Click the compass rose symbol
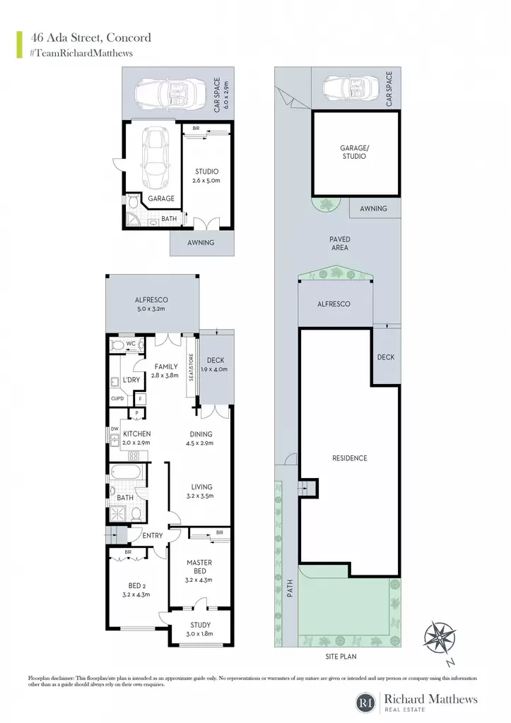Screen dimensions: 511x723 pyautogui.click(x=440, y=638)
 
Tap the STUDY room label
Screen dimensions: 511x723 pyautogui.click(x=200, y=625)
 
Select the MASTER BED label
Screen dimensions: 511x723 pyautogui.click(x=199, y=567)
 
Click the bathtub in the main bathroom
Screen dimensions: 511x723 pyautogui.click(x=126, y=472)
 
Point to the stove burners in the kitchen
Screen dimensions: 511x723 pyautogui.click(x=134, y=456)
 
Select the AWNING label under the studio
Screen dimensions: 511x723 pyautogui.click(x=201, y=243)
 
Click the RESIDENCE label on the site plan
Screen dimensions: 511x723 pyautogui.click(x=350, y=458)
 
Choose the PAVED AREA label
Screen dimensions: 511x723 pyautogui.click(x=340, y=244)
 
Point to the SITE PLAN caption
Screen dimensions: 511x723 pyautogui.click(x=341, y=656)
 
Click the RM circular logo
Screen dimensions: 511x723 pyautogui.click(x=366, y=703)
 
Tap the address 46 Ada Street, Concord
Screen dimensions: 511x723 pyautogui.click(x=91, y=37)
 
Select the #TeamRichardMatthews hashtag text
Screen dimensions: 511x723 pyautogui.click(x=81, y=53)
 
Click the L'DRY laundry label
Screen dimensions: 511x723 pyautogui.click(x=131, y=380)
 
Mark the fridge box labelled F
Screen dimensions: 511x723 pyautogui.click(x=140, y=399)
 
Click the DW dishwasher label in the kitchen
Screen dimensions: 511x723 pyautogui.click(x=114, y=429)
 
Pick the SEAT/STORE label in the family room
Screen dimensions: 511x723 pyautogui.click(x=191, y=367)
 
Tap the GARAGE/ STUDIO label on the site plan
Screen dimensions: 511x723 pyautogui.click(x=355, y=153)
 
